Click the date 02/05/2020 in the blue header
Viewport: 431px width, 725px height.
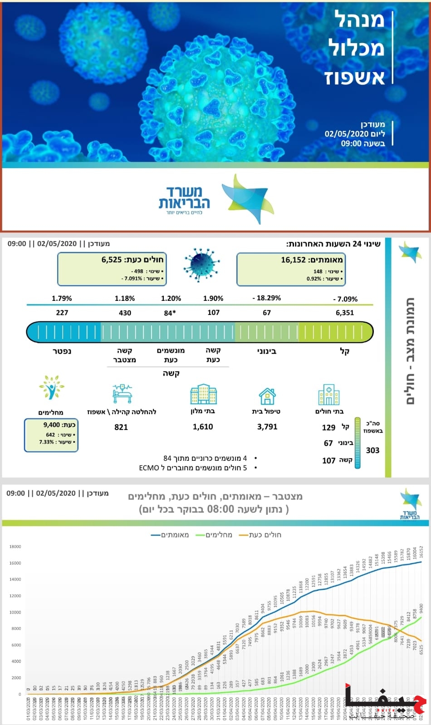344,134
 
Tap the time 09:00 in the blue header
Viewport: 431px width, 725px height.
351,144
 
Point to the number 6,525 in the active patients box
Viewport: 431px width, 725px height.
112,260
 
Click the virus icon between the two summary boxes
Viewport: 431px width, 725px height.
201,265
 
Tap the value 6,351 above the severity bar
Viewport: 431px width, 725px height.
345,313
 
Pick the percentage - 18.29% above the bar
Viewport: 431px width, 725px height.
267,298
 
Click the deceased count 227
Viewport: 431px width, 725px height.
62,313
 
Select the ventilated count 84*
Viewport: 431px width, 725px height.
170,313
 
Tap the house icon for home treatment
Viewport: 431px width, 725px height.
267,396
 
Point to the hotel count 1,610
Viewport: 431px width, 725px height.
203,427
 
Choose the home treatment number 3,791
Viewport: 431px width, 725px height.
267,427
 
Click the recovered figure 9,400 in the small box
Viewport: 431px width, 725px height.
52,425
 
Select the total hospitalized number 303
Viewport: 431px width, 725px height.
372,450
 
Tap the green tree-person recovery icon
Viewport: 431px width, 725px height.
51,387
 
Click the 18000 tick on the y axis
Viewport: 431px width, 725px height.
15,547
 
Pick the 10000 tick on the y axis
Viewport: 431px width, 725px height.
15,613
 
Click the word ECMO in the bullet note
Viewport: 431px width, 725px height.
149,468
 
